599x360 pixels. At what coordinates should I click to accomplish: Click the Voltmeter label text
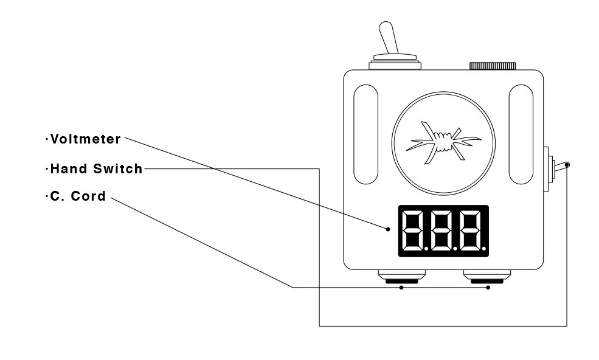pos(85,139)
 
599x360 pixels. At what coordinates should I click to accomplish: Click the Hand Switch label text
pos(95,169)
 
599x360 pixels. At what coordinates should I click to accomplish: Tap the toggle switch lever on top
pos(389,38)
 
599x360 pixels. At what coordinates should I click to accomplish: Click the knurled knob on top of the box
pos(492,66)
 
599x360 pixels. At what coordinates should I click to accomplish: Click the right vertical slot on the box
pos(521,134)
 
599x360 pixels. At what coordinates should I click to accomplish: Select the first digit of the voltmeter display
pos(415,230)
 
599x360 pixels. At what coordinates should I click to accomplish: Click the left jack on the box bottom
pos(401,277)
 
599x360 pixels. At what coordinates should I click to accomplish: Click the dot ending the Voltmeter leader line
pos(387,229)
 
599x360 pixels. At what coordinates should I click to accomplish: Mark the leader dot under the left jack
pos(401,288)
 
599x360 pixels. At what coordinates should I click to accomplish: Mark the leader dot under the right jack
pos(488,288)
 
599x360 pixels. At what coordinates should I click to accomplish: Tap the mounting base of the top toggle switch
pos(394,62)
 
